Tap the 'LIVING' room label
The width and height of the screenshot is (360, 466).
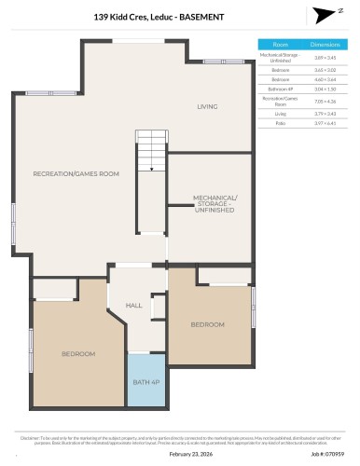click(206, 107)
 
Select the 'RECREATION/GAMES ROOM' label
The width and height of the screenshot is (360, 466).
click(76, 174)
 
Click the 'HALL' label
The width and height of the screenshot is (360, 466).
click(134, 305)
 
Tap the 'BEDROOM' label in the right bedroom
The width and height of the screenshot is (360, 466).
click(208, 324)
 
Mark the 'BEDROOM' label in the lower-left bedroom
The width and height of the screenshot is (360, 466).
click(78, 354)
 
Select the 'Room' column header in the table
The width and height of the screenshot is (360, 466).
click(280, 44)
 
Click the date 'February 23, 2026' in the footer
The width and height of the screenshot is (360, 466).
click(179, 454)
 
